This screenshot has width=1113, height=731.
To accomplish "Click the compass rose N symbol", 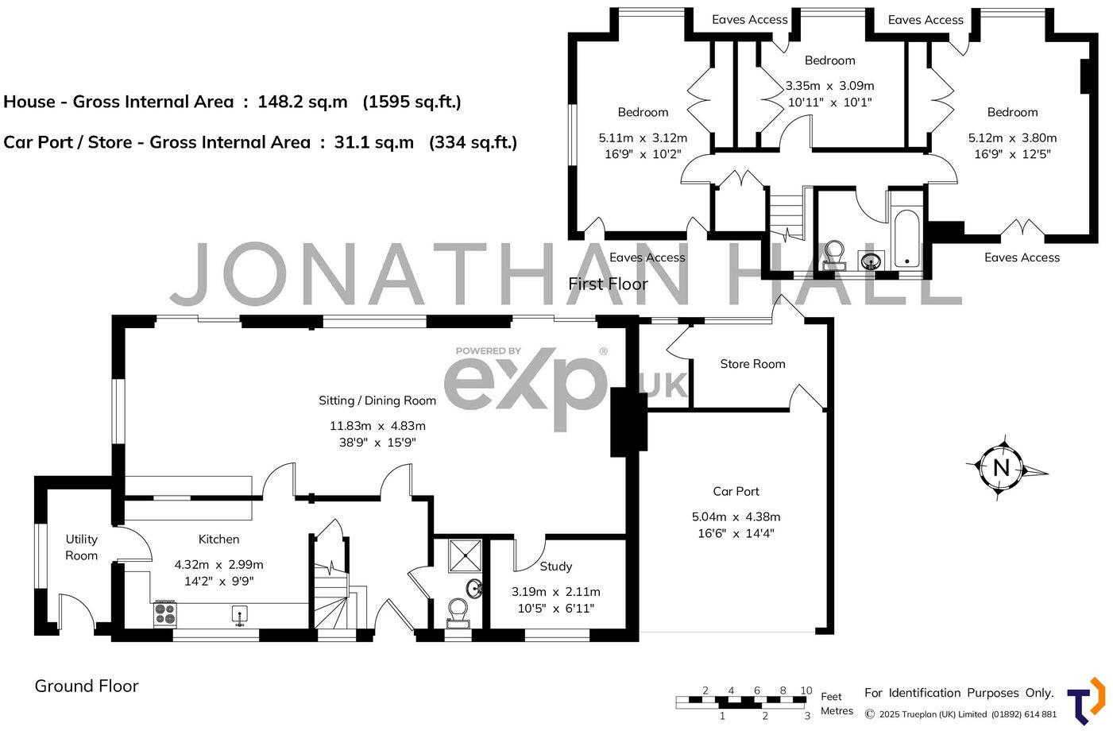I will click(1001, 468).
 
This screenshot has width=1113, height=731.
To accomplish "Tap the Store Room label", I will click(752, 364).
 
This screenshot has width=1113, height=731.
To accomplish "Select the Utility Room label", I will click(81, 547).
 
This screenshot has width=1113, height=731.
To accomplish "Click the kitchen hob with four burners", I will click(164, 613).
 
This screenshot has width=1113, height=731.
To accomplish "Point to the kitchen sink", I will click(240, 615).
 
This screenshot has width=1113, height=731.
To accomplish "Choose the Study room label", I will click(555, 567).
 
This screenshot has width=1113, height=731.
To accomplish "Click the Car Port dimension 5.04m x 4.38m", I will click(736, 516).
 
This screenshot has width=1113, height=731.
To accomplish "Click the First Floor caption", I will click(608, 284).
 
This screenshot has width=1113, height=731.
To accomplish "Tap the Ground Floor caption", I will click(87, 686).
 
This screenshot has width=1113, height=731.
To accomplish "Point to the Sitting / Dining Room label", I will click(377, 400).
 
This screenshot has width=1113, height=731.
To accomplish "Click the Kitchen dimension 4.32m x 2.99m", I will click(218, 565).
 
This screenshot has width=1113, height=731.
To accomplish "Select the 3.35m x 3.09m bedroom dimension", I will click(829, 86).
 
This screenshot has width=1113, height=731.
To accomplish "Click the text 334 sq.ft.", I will click(473, 142).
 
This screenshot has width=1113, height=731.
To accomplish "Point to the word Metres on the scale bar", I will click(837, 711).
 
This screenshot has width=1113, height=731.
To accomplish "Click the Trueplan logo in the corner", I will click(1085, 699).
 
